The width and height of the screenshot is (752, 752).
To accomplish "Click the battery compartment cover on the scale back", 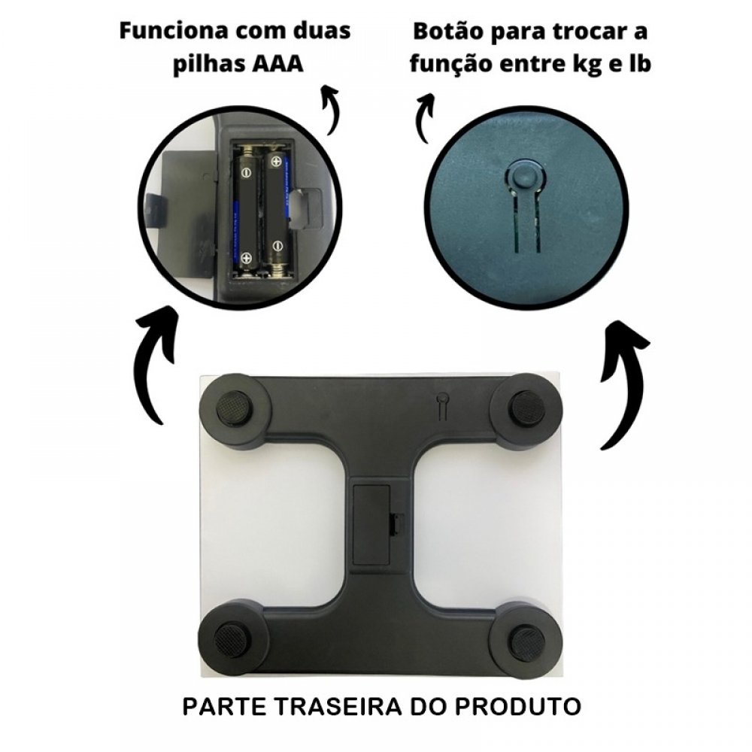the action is [x=371, y=524].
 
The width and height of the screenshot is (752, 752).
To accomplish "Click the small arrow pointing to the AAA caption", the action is [x=332, y=109].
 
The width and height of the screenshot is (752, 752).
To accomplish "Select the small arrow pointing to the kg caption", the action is [x=424, y=117].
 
